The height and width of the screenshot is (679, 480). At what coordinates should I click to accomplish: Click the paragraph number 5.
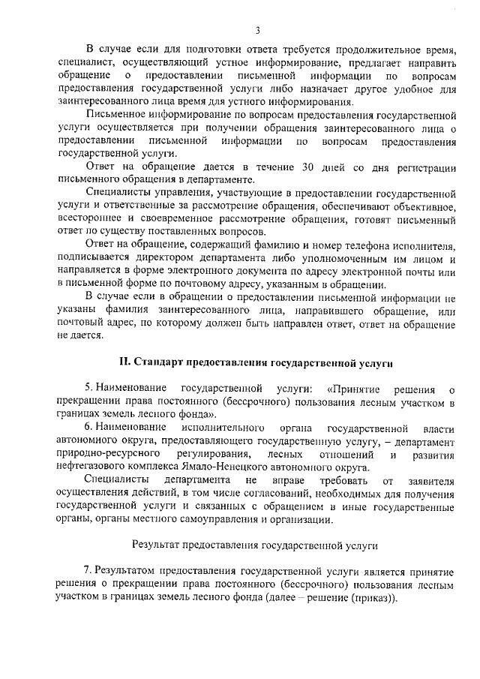point(88,388)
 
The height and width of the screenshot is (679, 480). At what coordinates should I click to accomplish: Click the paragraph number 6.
point(88,427)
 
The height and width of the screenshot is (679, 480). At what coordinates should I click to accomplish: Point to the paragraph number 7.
point(88,570)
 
